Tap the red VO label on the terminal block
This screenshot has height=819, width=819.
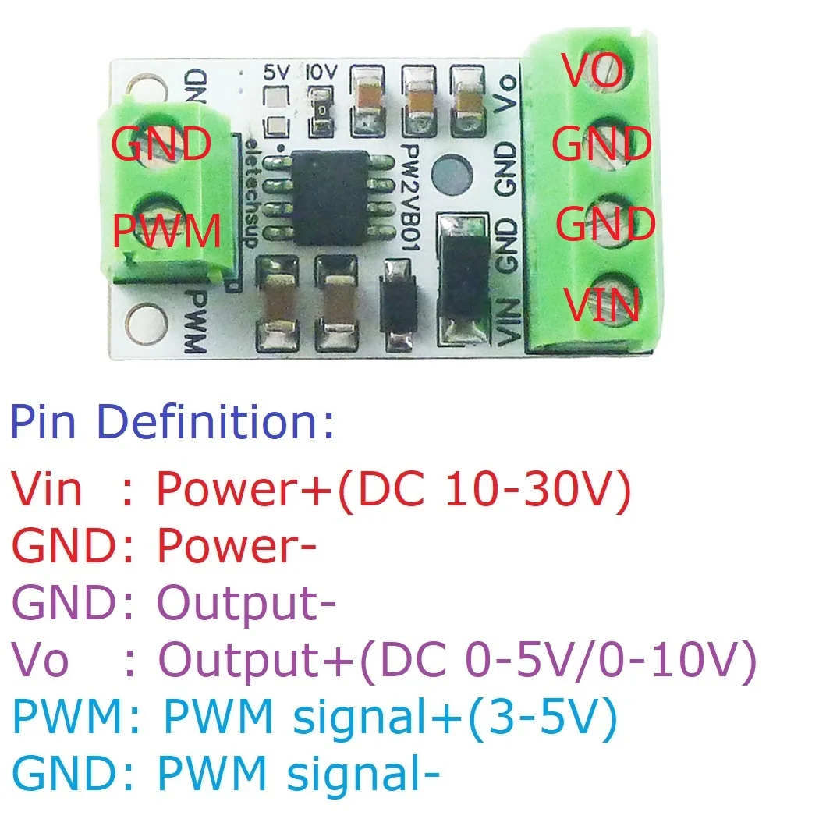pos(594,71)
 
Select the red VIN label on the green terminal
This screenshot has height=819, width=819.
pos(602,304)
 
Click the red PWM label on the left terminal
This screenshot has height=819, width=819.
pos(165,231)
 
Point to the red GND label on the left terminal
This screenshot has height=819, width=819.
pos(161,144)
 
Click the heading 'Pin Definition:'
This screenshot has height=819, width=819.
pos(172,422)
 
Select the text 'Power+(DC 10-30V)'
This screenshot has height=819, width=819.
pos(393,489)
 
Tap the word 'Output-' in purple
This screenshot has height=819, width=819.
pos(246,604)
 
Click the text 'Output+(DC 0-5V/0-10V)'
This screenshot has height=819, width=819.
pos(457,661)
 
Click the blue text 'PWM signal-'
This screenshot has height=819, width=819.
pos(299,775)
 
